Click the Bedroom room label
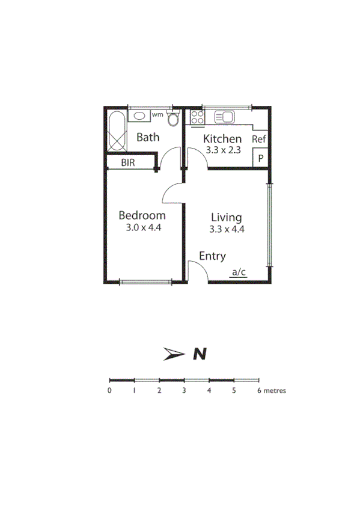142,215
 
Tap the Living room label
226,217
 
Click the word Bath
148,137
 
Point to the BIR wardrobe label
128,162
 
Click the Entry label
213,256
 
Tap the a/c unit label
239,272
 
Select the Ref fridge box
259,140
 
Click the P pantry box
260,158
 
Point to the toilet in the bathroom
174,119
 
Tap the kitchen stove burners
197,117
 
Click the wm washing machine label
157,114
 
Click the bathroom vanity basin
139,115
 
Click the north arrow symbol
174,354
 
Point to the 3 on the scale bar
184,390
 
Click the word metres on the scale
275,390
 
